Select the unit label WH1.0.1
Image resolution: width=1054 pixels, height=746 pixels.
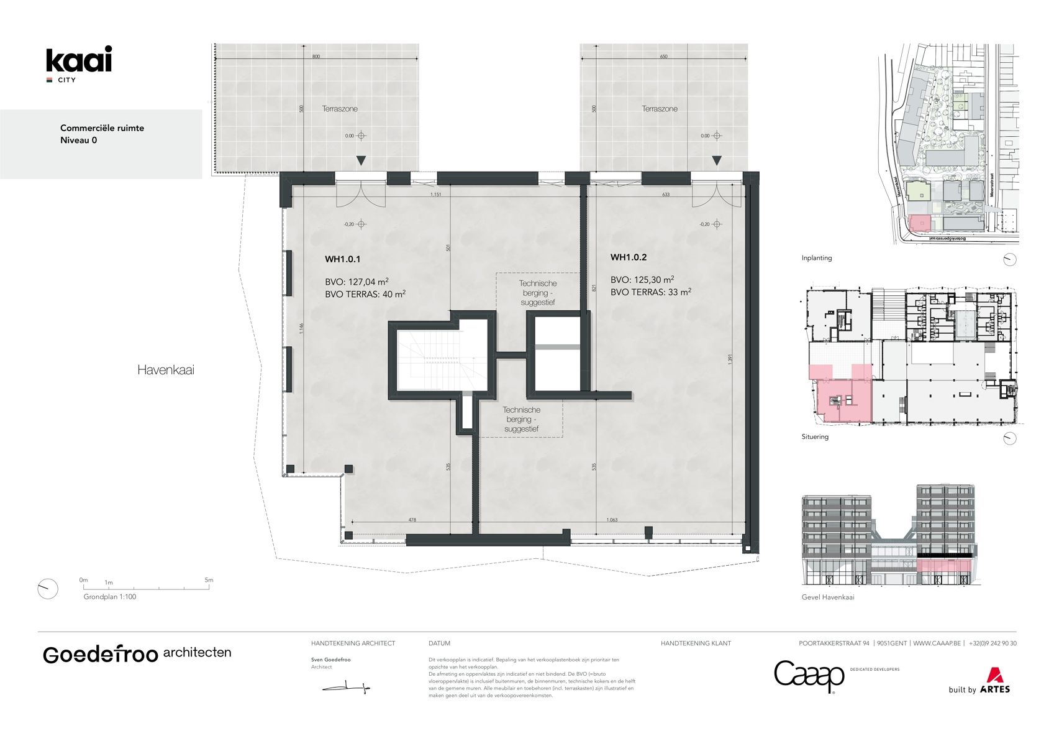pos(342,259)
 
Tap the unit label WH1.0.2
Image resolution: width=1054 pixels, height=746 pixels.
pos(628,257)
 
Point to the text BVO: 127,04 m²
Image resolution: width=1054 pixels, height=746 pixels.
pos(357,282)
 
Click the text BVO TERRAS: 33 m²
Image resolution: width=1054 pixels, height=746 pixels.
pos(650,292)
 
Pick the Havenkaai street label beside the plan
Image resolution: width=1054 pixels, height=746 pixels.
pos(165,370)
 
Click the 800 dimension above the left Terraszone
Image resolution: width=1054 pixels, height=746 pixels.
pos(316,57)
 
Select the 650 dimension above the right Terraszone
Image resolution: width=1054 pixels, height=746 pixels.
pos(663,57)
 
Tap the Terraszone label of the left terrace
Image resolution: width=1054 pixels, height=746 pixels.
pos(340,109)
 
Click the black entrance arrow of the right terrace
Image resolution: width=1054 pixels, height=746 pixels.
pos(717,161)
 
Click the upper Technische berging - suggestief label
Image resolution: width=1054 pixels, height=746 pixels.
pos(538,293)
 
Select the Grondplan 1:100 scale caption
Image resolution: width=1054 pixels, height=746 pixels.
pos(110,597)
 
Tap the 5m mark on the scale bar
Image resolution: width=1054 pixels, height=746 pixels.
pos(209,580)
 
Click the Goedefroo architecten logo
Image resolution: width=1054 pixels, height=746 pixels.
pos(137,654)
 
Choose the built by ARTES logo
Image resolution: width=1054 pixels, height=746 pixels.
pos(979,682)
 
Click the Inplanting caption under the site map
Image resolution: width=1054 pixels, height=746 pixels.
pos(816,258)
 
